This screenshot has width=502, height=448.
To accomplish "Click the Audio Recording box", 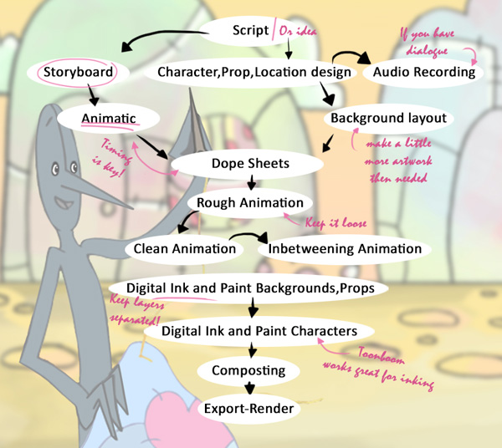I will click(x=424, y=73).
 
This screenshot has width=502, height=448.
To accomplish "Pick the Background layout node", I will click(x=388, y=118).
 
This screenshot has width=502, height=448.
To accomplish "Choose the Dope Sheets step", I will click(x=250, y=163).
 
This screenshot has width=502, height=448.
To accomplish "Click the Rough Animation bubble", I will click(x=249, y=202).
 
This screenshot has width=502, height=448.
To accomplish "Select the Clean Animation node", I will click(x=184, y=248).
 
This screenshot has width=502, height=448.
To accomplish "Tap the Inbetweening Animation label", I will click(x=346, y=248).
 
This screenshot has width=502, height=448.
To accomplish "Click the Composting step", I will click(x=248, y=369).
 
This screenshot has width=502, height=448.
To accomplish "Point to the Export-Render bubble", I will click(x=248, y=409).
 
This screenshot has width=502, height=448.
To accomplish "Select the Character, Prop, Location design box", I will click(x=254, y=73).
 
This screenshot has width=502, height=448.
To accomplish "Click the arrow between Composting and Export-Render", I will click(x=248, y=389).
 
